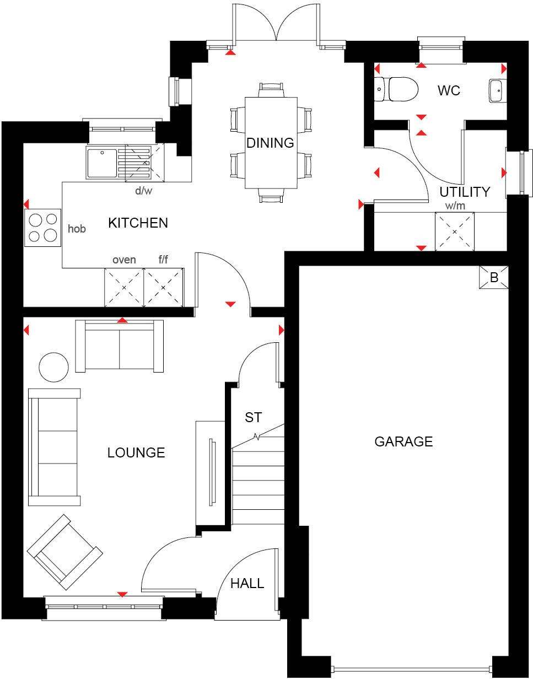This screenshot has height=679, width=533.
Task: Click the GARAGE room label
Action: coord(403,441)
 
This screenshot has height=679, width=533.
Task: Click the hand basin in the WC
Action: coord(496,90)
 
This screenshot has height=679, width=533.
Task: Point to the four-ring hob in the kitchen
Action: coord(42,229)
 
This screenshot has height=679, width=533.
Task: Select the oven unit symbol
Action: coord(124,287)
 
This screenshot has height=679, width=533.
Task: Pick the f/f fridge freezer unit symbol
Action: coord(163,287)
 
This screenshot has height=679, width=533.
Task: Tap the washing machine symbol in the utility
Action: coord(455,231)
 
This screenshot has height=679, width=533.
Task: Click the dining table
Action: coord(271,143)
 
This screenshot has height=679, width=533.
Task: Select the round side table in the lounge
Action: coord(54,367)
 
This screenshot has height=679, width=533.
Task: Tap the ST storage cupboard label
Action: coord(253,417)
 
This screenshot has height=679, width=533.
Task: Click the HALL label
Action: coord(247,583)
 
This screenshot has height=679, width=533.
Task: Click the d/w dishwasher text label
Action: coord(144,191)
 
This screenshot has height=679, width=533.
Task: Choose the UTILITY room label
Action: coord(465,192)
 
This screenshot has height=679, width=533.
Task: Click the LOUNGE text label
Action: coord(136,452)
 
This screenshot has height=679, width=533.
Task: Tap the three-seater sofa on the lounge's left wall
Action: coord(55,447)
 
